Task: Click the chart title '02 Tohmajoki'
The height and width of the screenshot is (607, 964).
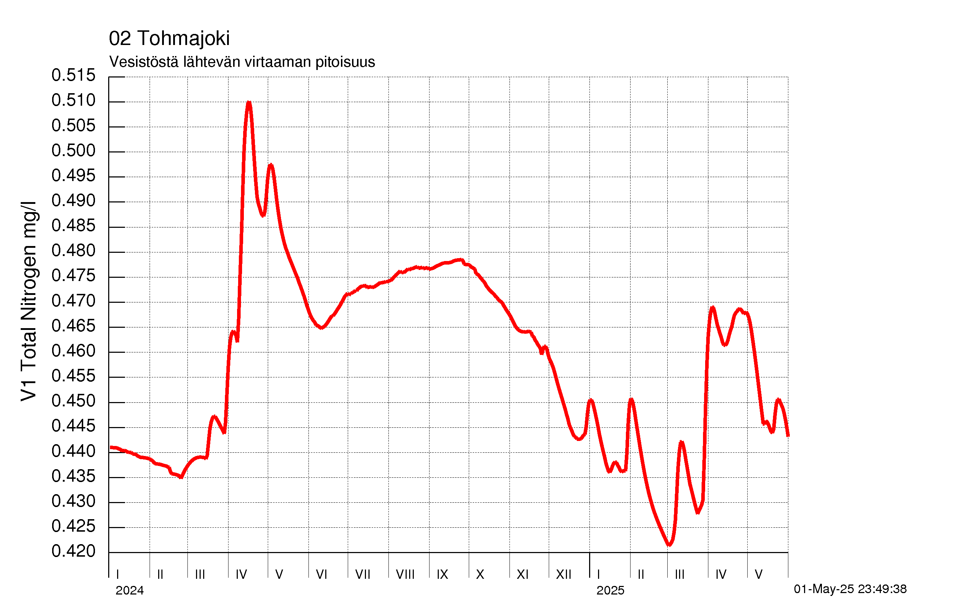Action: point(169,39)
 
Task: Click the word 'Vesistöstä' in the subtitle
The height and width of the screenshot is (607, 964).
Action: point(144,62)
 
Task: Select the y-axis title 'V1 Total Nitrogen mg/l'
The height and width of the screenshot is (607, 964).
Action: point(29,301)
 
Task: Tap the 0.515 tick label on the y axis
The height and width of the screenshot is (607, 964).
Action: point(74,75)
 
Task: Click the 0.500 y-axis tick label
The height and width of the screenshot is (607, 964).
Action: point(74,151)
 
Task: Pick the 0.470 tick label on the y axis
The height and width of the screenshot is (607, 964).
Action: point(74,301)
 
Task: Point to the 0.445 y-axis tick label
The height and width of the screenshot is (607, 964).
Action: point(74,426)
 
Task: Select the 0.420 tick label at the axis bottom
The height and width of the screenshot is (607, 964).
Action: point(74,551)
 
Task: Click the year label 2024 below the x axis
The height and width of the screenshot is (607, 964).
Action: point(129,591)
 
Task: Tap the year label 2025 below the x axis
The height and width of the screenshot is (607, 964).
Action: point(610,591)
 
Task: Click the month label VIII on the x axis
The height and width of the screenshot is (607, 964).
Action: point(405,575)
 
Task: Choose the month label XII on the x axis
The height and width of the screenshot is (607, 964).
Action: point(564,575)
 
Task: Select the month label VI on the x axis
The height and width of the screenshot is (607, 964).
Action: point(321,575)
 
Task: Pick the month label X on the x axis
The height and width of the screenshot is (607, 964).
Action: point(480,575)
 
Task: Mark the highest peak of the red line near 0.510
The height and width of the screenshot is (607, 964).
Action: point(248,102)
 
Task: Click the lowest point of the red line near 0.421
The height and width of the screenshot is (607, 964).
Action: point(669,545)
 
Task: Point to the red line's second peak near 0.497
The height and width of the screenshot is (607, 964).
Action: point(271,165)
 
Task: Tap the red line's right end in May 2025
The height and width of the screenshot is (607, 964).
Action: point(788,436)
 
